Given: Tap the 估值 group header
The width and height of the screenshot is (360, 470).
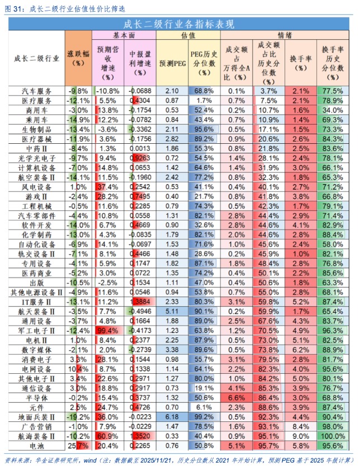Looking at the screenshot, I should pos(188,35).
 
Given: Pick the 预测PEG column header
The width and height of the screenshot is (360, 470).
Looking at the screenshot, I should pos(172,63).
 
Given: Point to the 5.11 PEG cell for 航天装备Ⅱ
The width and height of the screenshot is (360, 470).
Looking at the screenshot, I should pos(172,311).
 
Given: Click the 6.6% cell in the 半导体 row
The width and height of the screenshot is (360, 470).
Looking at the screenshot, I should pos(236,397).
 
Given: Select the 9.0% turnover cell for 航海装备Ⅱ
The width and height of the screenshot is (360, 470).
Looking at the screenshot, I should pos(300,435).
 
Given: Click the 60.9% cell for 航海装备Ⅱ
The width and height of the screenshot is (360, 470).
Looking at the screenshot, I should pos(108,435).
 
